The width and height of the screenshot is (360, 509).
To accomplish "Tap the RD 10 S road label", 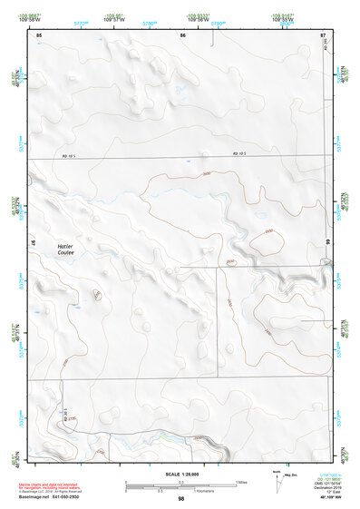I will [238, 156].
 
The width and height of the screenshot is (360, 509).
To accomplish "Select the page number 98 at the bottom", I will [181, 498].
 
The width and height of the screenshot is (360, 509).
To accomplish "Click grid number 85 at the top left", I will [38, 34].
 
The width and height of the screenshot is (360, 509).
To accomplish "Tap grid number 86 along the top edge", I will [182, 34].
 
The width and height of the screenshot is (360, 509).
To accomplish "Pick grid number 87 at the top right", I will [322, 34].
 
